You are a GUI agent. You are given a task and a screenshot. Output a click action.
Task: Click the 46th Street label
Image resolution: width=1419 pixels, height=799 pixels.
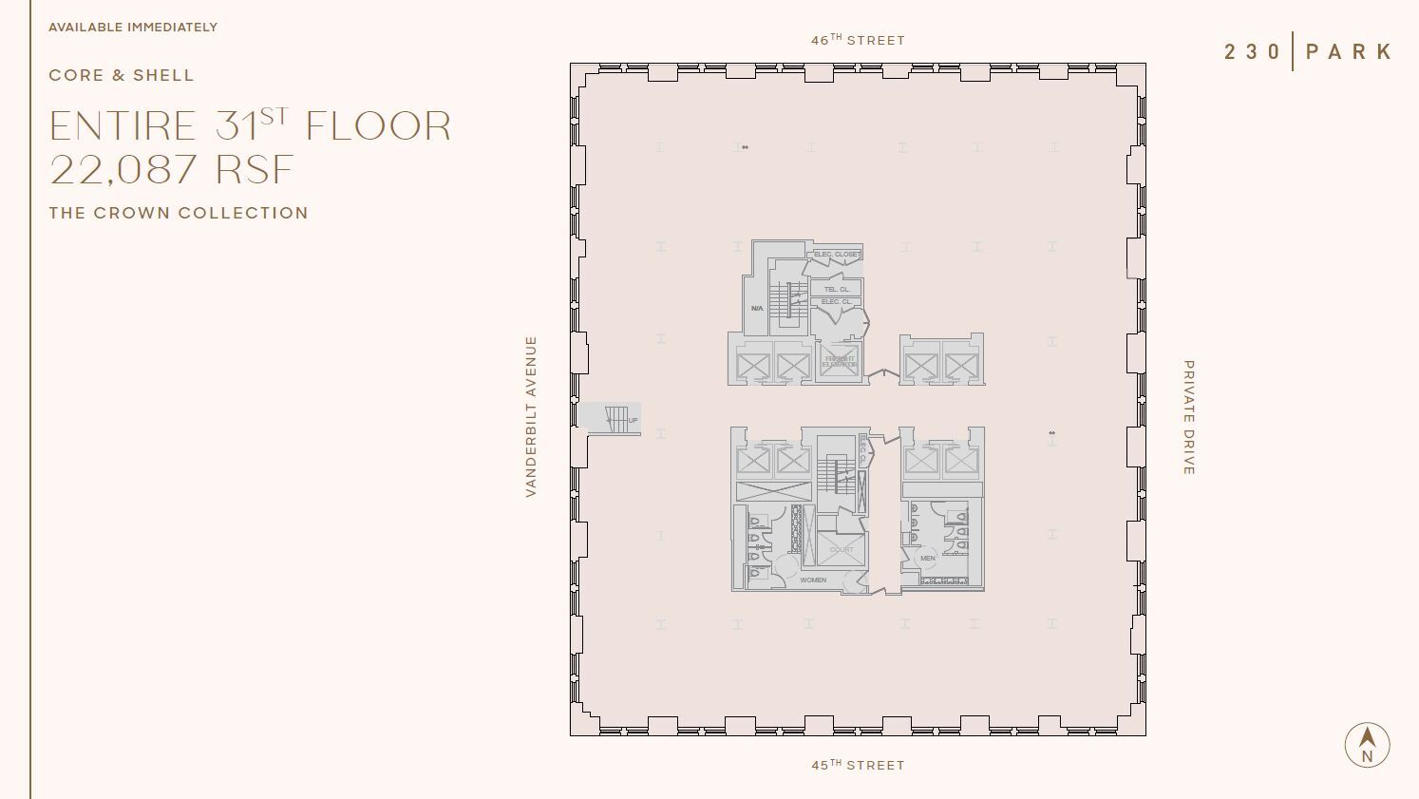858,40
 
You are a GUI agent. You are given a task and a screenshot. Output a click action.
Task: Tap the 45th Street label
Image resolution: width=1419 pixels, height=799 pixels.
858,765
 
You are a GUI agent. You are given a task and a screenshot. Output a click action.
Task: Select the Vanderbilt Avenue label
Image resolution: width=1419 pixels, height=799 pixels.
531,416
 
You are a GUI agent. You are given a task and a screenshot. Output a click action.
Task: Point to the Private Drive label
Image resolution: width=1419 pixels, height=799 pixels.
1188,417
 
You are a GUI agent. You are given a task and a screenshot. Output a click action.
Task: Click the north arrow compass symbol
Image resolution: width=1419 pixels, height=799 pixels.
1367,744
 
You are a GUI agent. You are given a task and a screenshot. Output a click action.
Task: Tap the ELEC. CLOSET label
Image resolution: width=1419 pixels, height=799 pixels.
836,255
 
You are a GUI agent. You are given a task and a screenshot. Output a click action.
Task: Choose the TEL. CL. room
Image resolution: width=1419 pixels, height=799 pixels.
837,289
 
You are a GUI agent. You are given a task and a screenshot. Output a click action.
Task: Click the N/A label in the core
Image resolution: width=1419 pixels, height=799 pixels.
757,309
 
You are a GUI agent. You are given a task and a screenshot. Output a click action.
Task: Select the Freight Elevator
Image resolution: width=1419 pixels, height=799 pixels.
840,362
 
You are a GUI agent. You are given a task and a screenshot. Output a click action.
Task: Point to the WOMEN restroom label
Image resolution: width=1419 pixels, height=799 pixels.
813,580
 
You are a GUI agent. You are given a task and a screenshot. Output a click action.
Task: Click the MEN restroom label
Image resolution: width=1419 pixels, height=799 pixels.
927,558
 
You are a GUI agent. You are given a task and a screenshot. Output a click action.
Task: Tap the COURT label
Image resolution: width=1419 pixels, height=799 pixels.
842,549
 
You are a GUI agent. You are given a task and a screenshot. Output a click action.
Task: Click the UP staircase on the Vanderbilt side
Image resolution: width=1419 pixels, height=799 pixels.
617,418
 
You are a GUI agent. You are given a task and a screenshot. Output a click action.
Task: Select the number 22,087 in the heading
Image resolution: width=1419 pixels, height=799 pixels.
124,170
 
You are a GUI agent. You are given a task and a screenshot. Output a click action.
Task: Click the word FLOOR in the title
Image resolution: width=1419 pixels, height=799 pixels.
378,126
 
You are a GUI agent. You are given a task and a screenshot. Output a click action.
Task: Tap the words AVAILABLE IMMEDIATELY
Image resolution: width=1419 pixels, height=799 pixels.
133,27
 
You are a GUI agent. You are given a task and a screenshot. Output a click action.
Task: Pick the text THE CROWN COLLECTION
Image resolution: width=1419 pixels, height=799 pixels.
179,213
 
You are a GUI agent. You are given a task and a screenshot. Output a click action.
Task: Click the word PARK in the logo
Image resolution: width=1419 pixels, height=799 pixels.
1349,51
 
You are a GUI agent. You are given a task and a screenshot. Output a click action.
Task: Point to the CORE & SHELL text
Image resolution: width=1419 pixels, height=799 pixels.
122,75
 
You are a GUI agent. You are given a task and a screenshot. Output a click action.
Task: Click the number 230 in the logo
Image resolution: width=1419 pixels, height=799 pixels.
1253,51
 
